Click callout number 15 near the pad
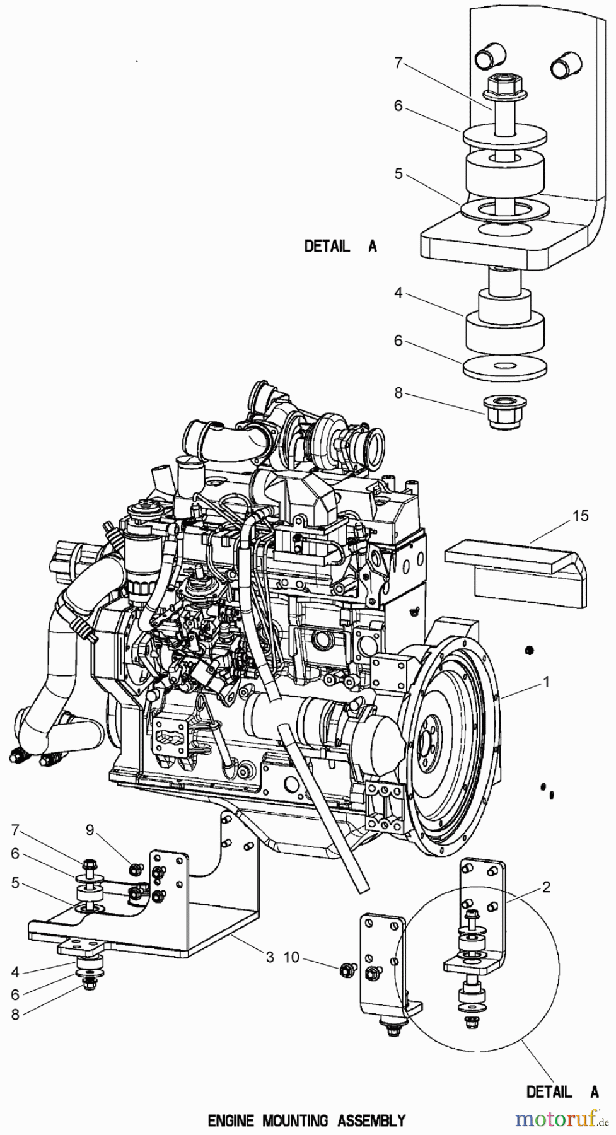(x=580, y=516)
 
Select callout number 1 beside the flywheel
(x=546, y=682)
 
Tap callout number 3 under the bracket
(x=269, y=957)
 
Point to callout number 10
(x=291, y=958)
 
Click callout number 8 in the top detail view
(x=398, y=393)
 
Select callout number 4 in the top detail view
(x=398, y=293)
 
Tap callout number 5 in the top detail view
(x=398, y=173)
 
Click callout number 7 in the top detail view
(x=398, y=62)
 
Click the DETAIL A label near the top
(x=340, y=247)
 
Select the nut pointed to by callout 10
(x=346, y=969)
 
